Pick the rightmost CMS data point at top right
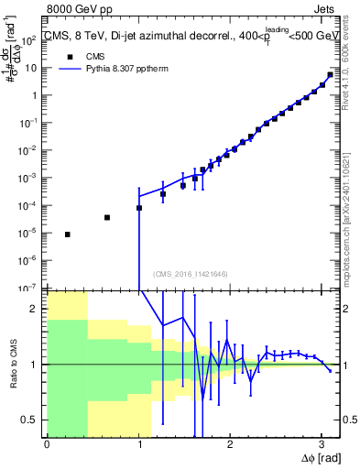pyautogui.click(x=330, y=75)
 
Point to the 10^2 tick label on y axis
pyautogui.click(x=31, y=40)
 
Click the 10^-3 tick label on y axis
pyautogui.click(x=30, y=178)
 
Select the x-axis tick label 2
pyautogui.click(x=229, y=445)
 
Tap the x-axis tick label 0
pyautogui.click(x=47, y=445)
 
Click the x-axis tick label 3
pyautogui.click(x=321, y=445)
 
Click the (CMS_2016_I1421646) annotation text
pyautogui.click(x=191, y=274)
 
